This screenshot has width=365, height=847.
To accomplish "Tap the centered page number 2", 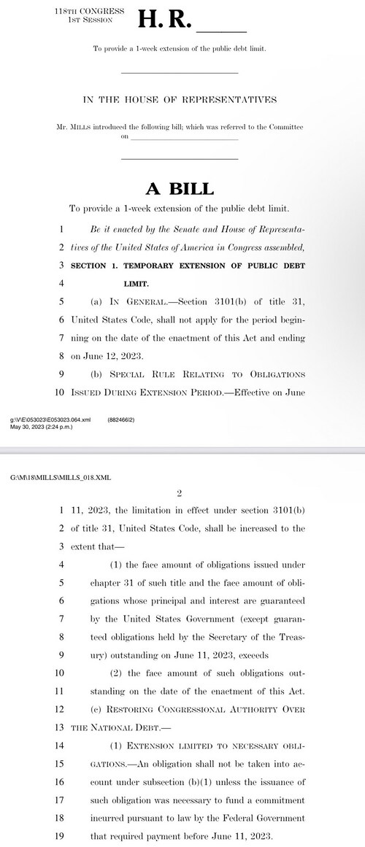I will [178, 493].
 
